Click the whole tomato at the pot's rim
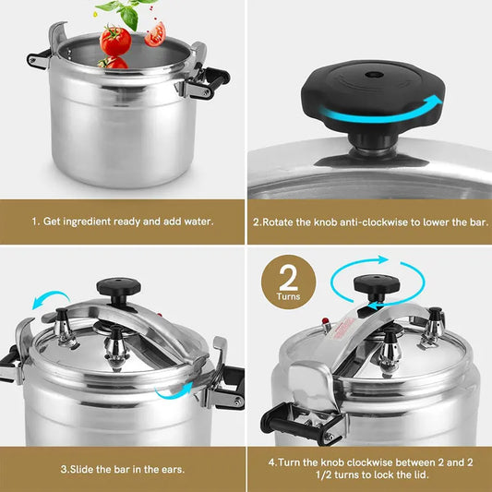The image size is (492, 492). pyautogui.click(x=115, y=41)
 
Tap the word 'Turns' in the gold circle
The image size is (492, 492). pyautogui.click(x=287, y=296)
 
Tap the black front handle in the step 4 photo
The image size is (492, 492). pyautogui.click(x=293, y=426)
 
